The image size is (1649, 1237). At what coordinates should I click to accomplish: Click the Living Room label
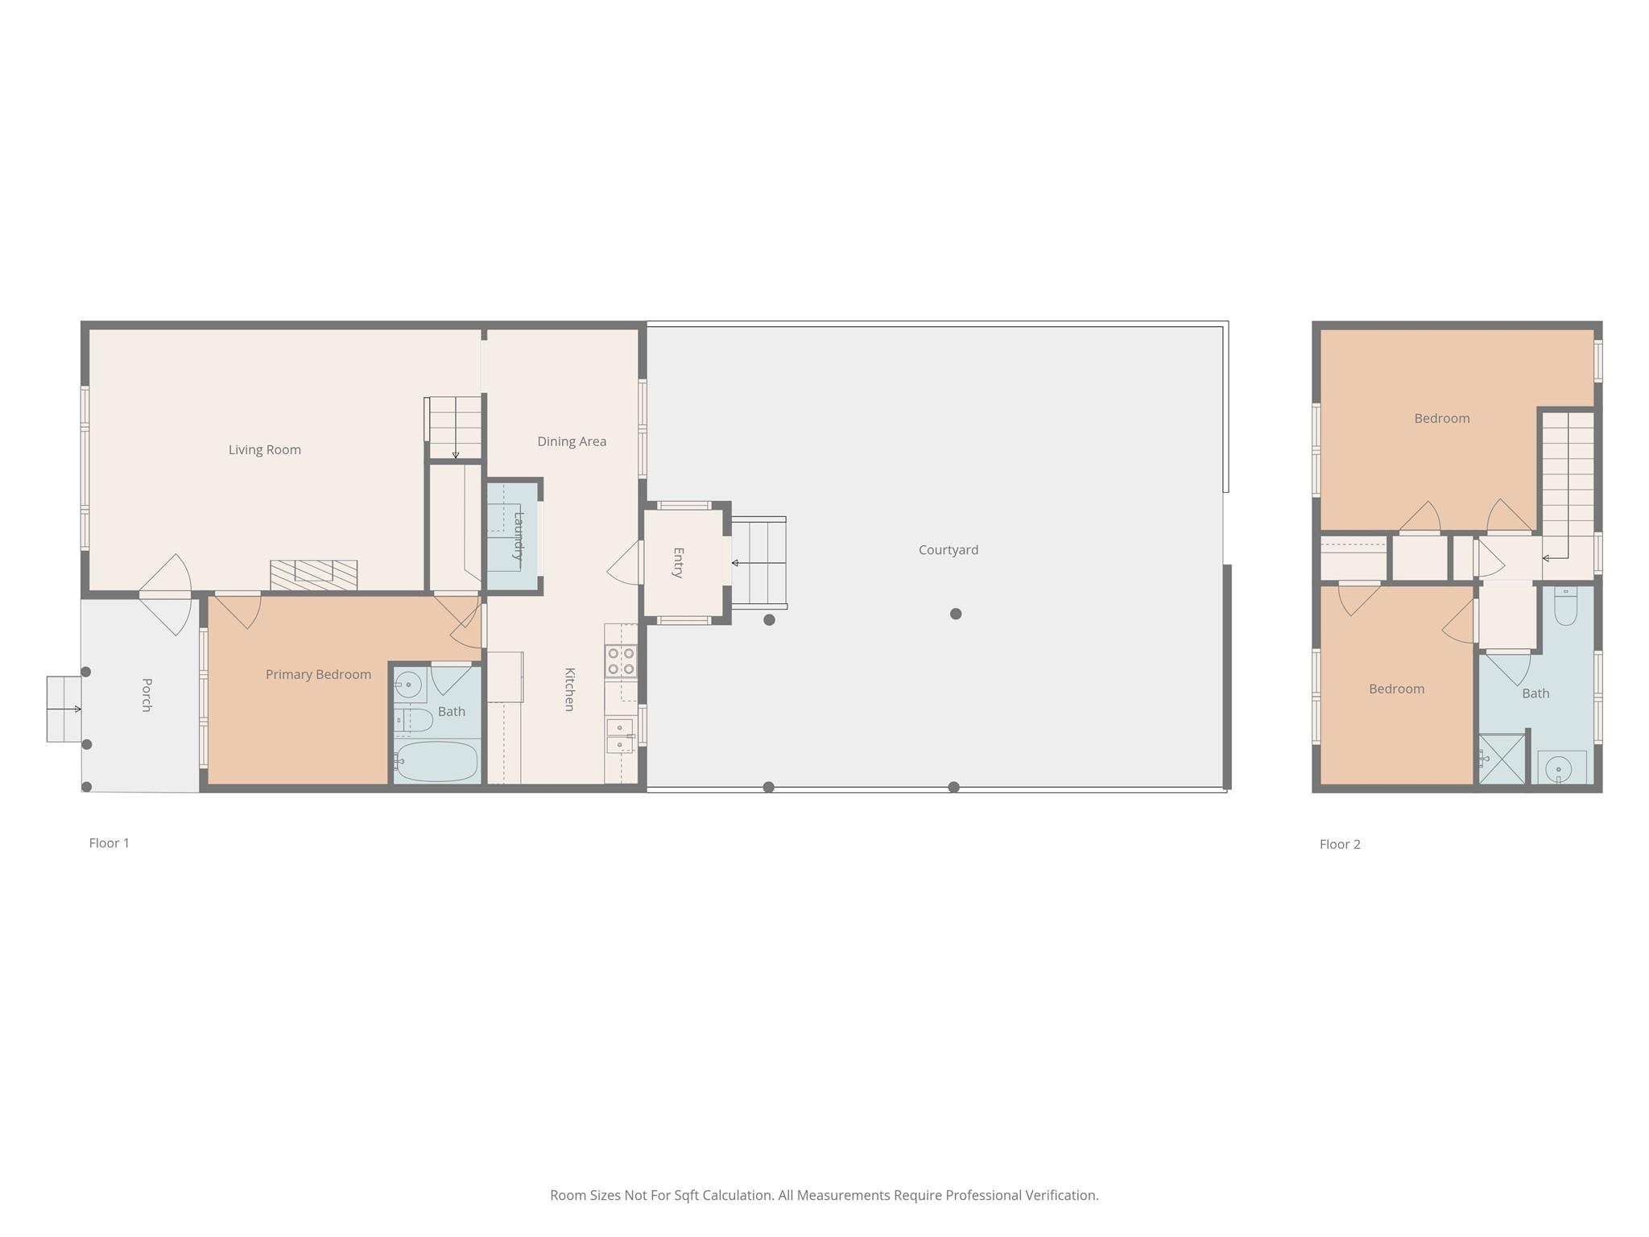tap(265, 449)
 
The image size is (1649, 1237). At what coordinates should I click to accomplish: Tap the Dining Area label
tap(572, 441)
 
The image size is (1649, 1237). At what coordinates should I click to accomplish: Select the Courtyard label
tap(948, 550)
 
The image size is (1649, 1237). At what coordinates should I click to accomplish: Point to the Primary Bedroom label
tap(319, 675)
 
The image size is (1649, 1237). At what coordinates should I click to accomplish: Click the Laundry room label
tap(519, 536)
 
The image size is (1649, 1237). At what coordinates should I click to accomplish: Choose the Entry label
tap(678, 563)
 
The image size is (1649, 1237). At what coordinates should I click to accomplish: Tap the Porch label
tap(147, 695)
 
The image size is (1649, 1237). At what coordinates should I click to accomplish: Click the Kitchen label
tap(569, 689)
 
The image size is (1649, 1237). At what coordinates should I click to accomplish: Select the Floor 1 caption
tap(109, 843)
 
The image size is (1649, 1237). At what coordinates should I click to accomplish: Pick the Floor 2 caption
tap(1340, 844)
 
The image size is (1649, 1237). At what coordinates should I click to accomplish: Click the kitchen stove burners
tap(621, 661)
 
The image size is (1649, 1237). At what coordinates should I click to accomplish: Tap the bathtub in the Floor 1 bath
tap(436, 761)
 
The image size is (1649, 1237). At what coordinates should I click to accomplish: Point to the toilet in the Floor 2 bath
tap(1565, 606)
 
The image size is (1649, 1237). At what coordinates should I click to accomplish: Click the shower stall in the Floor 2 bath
tap(1502, 759)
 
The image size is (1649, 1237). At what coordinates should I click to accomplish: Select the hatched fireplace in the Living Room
tap(313, 575)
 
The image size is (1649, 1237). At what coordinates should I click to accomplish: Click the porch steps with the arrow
tap(64, 709)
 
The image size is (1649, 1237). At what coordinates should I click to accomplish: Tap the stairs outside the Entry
tap(758, 563)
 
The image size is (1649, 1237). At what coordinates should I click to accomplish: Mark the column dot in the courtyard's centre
tap(956, 614)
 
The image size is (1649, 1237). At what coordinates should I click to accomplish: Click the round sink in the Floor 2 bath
tap(1559, 771)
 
